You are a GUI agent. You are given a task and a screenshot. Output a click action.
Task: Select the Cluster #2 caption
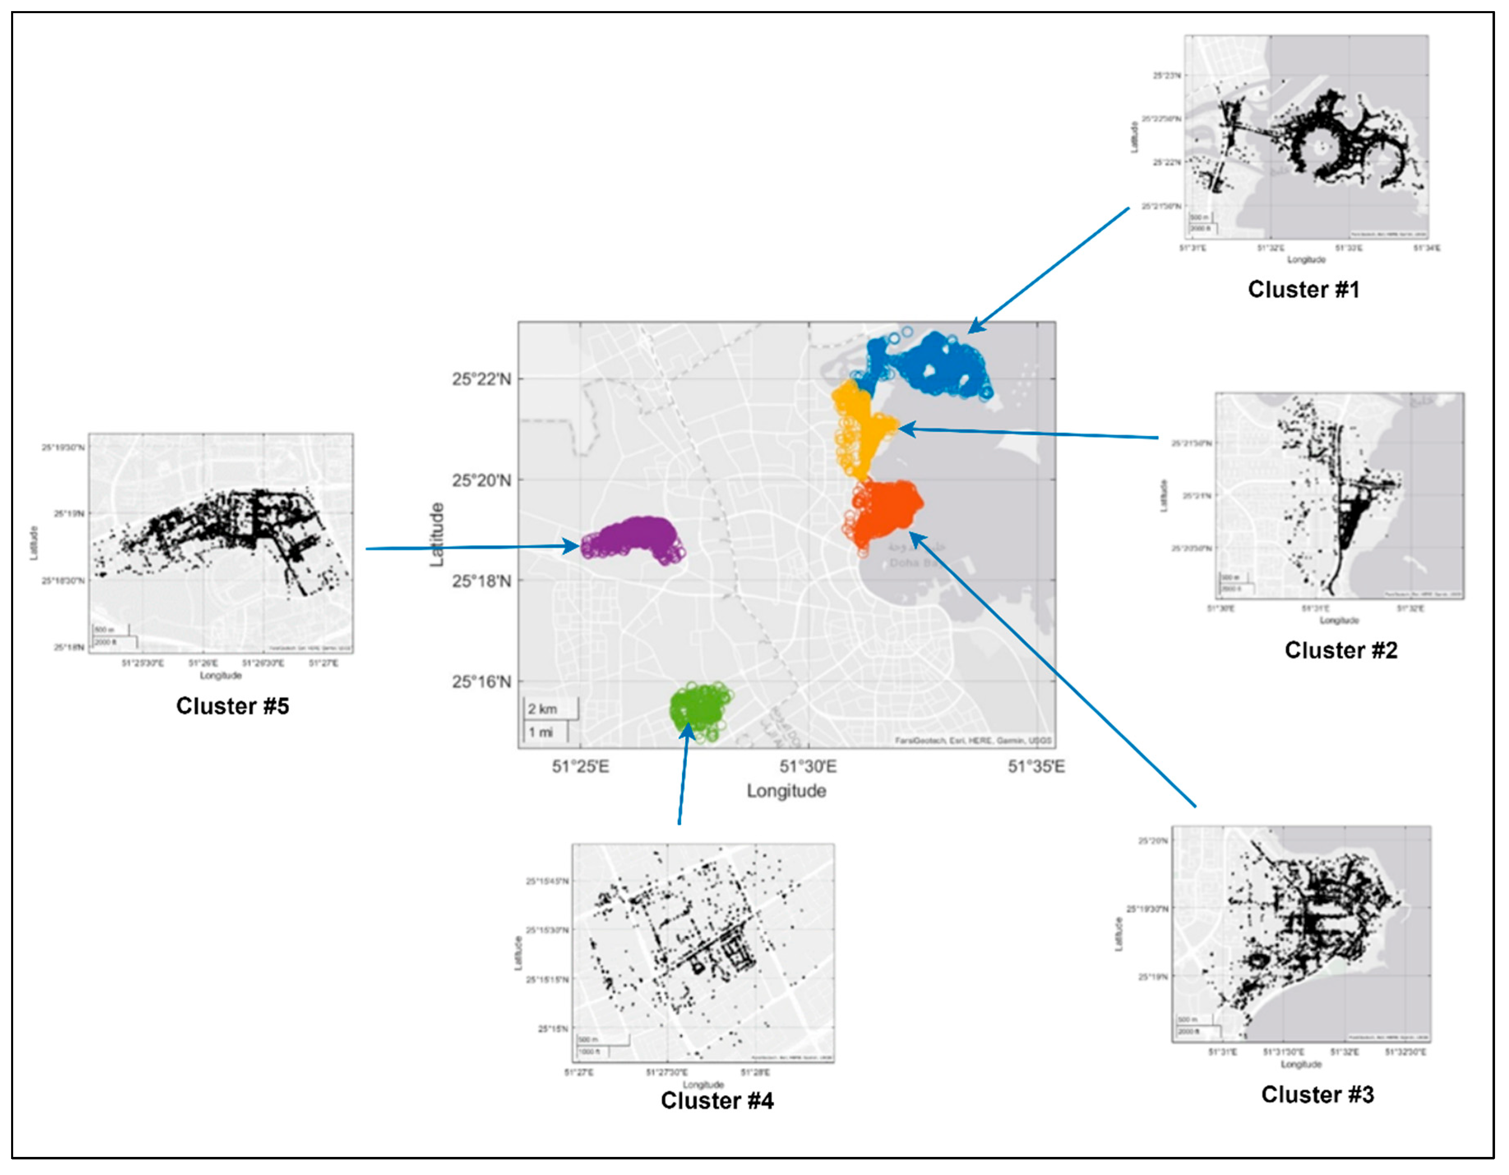(x=1340, y=650)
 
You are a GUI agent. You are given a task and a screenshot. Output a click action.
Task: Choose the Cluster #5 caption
(x=232, y=706)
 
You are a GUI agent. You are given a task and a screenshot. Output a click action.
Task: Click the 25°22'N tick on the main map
(x=482, y=379)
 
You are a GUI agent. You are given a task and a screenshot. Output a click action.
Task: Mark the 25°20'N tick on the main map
(x=482, y=480)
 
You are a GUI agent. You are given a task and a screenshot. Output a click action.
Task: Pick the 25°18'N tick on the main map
(x=482, y=581)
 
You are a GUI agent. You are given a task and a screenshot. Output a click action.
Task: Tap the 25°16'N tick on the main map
(x=482, y=682)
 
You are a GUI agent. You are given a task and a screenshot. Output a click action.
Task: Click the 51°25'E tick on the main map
(x=580, y=767)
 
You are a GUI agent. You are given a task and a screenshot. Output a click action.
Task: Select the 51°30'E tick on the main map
(x=809, y=767)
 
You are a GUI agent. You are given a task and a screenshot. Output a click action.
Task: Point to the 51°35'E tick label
(x=1036, y=767)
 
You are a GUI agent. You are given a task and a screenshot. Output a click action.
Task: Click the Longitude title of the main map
(x=786, y=791)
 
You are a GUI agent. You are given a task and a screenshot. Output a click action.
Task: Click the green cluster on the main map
(x=700, y=709)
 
